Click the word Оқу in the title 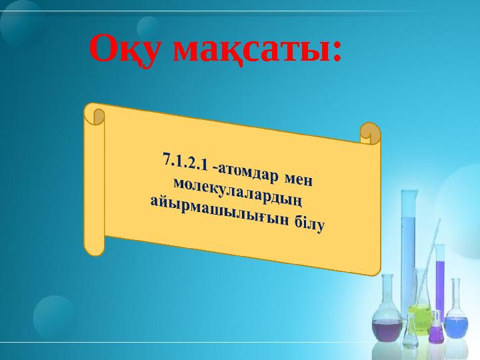(x=126, y=50)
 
